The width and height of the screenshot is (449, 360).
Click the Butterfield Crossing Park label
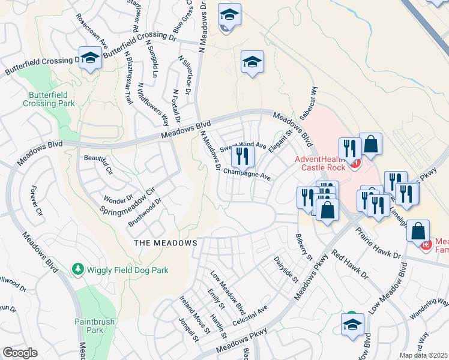49,99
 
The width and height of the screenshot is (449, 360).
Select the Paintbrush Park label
91,326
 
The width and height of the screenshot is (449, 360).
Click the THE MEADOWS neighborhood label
165,243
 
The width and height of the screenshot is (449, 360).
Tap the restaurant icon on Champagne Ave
243,157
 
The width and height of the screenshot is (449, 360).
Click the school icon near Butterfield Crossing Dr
90,59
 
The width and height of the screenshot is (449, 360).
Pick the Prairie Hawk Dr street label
378,242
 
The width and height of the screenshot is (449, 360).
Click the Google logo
20,353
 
